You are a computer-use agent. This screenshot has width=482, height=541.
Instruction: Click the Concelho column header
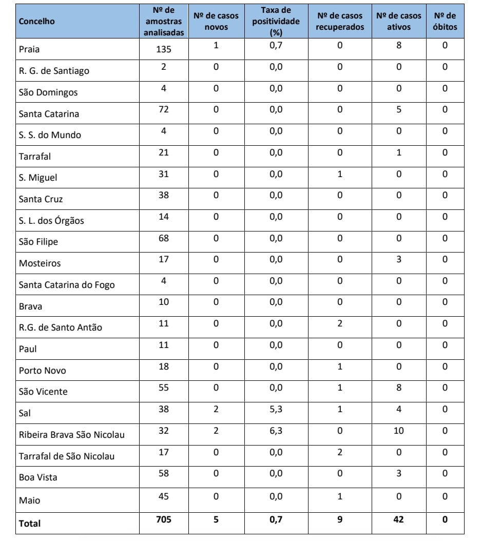coord(36,22)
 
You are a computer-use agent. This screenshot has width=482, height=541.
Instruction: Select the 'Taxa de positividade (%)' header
coord(276,22)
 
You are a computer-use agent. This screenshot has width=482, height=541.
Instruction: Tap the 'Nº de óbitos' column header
coord(445,22)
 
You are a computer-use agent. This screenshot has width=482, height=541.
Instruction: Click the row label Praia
coord(29,50)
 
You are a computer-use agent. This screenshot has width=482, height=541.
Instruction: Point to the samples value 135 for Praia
coord(163,50)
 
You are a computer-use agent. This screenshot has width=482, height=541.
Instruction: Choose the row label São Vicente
coord(43,392)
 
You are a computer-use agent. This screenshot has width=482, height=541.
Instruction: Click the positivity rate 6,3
coord(276,431)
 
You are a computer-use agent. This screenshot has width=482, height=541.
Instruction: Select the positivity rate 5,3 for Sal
coord(276,409)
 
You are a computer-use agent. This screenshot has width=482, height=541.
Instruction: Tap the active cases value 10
coord(398,431)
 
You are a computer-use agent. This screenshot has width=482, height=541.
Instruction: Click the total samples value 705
coord(163,519)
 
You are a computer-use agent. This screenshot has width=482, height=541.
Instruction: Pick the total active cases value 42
coord(398,519)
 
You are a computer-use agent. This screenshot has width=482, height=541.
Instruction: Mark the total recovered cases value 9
coord(339,519)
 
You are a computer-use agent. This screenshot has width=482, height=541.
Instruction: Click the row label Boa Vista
coord(38,477)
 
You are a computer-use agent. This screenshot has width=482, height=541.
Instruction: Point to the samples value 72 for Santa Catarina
coord(163,110)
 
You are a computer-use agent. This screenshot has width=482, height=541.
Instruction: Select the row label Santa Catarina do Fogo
coord(67,285)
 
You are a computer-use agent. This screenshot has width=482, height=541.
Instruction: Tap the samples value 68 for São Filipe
coord(163,238)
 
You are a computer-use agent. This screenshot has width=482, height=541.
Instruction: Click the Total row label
coord(29,524)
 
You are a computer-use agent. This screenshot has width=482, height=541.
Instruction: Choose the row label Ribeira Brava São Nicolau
coord(71,435)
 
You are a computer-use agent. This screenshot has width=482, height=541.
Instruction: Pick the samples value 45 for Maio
coord(163,496)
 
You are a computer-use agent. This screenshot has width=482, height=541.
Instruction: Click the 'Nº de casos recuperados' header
coord(339,22)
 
